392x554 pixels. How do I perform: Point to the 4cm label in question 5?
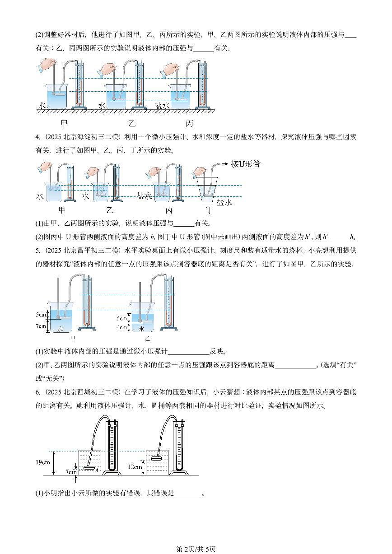[x=122, y=327]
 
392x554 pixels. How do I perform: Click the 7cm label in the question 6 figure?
[x=71, y=471]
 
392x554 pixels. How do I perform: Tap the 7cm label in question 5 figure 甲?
[x=41, y=326]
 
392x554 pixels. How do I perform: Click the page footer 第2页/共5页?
[x=196, y=549]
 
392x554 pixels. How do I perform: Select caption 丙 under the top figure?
[x=189, y=123]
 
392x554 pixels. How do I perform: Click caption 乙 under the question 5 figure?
[x=148, y=339]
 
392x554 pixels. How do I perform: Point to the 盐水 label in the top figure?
[x=162, y=105]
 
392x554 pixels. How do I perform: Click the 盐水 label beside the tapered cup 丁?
[x=224, y=202]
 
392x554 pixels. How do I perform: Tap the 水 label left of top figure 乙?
[x=102, y=105]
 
